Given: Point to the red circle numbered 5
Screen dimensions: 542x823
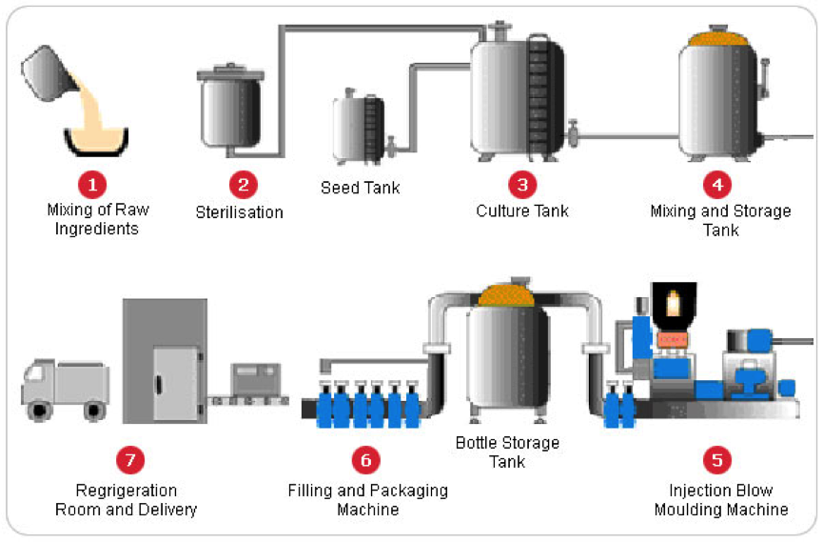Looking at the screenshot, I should coord(717,461).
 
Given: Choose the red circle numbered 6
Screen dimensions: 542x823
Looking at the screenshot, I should coord(366,461).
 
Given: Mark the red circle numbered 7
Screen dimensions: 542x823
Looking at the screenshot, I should coord(127,461).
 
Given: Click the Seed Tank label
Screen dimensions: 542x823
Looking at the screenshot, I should coord(360,188).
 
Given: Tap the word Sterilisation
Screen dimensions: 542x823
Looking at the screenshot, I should coord(240,212).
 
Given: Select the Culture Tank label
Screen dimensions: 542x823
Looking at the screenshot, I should coord(522,211).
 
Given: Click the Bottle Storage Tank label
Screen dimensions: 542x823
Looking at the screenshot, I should coord(507,452).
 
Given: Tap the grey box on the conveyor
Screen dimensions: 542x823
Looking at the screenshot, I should coord(256,382).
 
